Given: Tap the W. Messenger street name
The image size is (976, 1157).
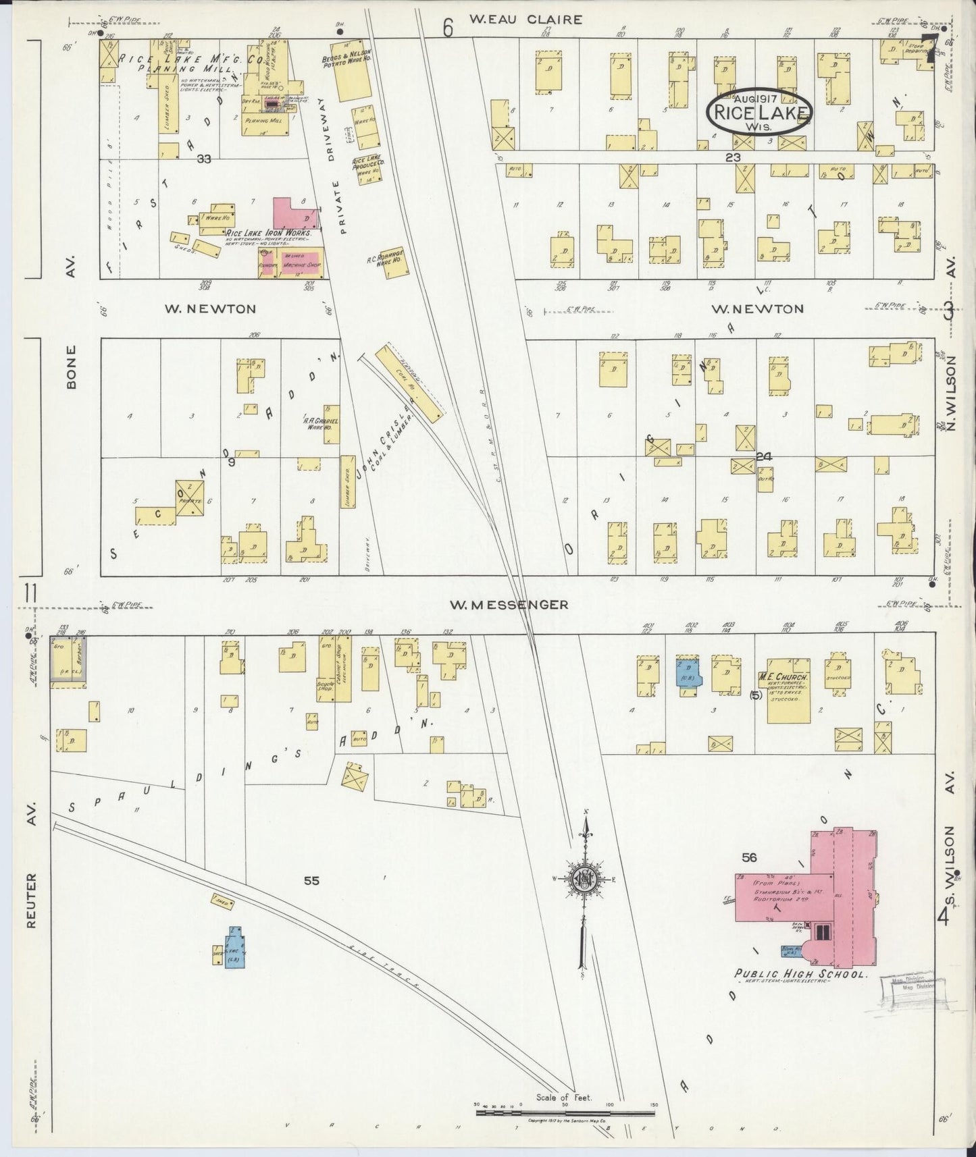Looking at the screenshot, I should point(509,605).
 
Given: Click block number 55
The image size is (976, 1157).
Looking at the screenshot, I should point(311,880).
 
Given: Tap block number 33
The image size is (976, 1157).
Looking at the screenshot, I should point(204,159).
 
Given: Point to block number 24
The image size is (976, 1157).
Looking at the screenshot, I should point(764,456).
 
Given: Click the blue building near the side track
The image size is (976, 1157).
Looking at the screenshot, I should point(235,948).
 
